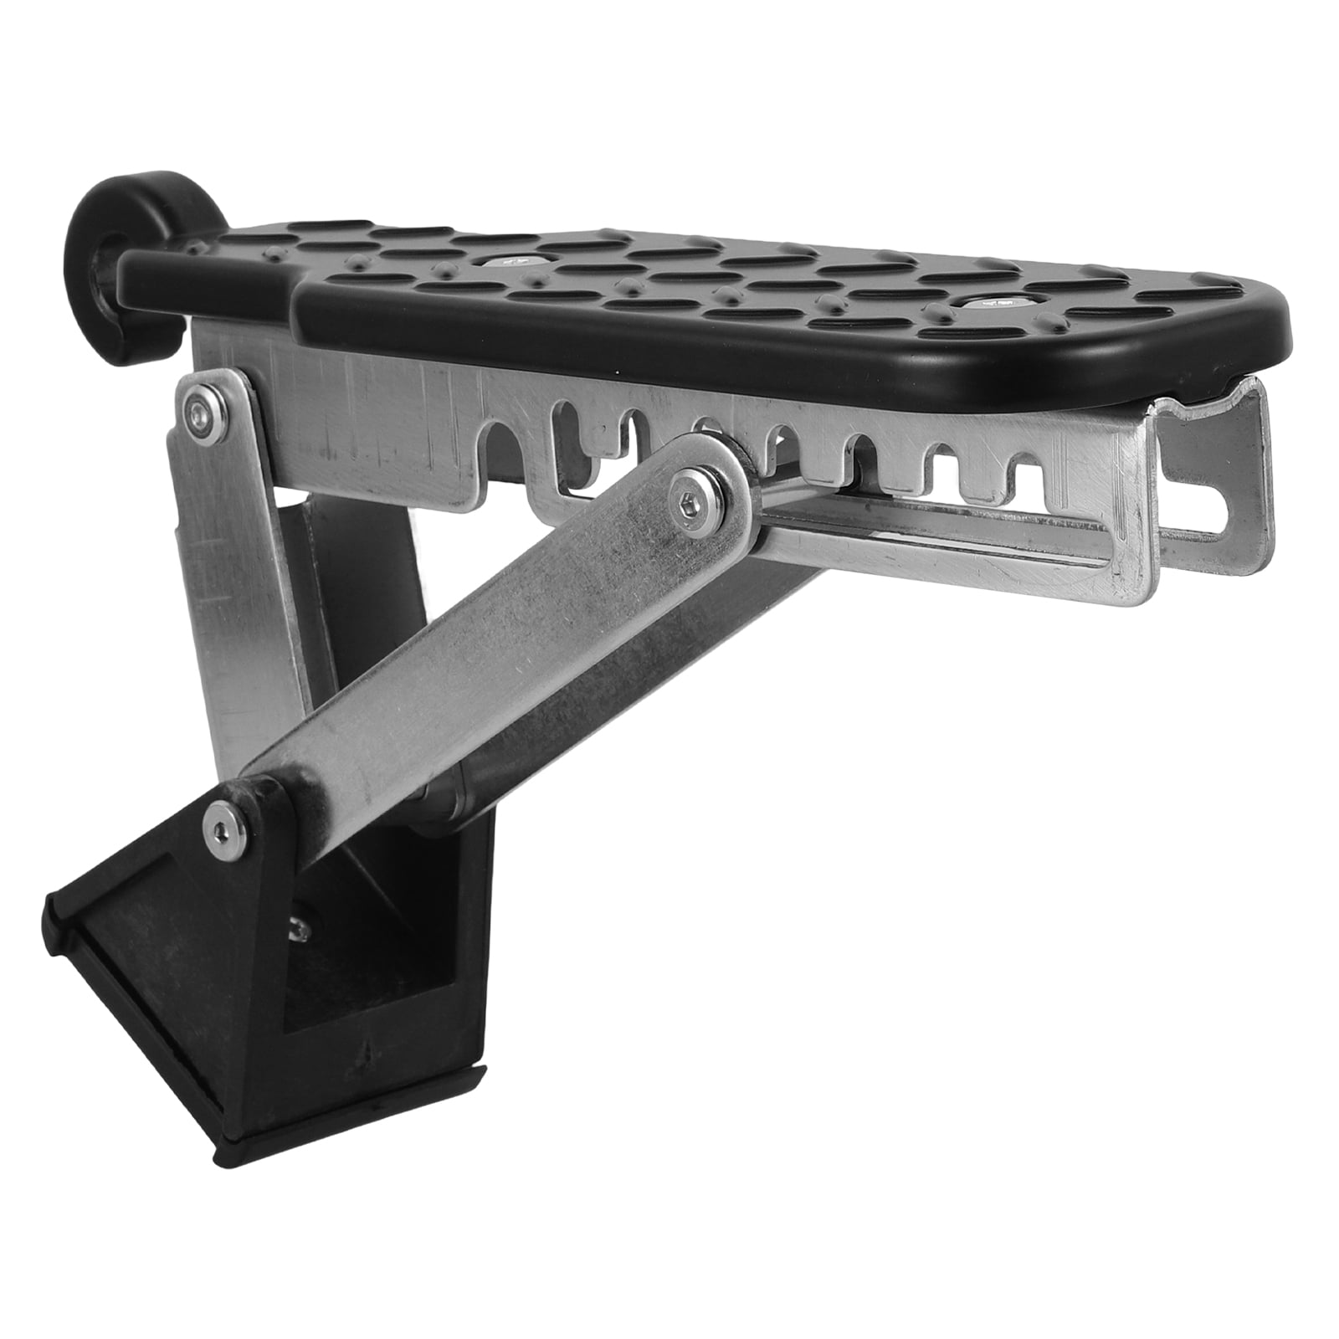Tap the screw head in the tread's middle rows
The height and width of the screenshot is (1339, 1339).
click(x=512, y=262)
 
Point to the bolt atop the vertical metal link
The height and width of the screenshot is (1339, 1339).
click(x=198, y=408)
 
